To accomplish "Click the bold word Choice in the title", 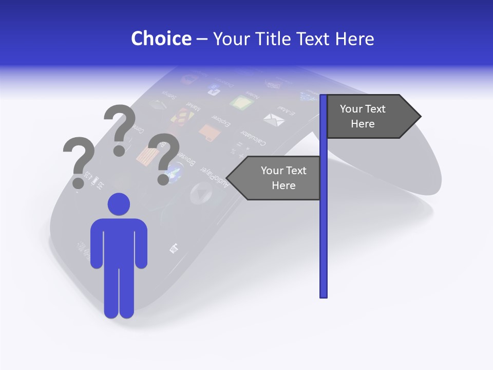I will coord(161,39).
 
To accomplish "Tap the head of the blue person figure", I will coord(119,205).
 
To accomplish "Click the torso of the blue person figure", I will coord(119,242).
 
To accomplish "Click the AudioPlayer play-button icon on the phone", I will coord(200,193).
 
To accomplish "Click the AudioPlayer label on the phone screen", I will coord(216,177).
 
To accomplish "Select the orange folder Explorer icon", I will coord(210,133).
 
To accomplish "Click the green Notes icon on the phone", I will coord(241,103).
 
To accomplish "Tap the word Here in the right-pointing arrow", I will coord(363,124).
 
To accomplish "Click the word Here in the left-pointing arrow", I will coord(283,186).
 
